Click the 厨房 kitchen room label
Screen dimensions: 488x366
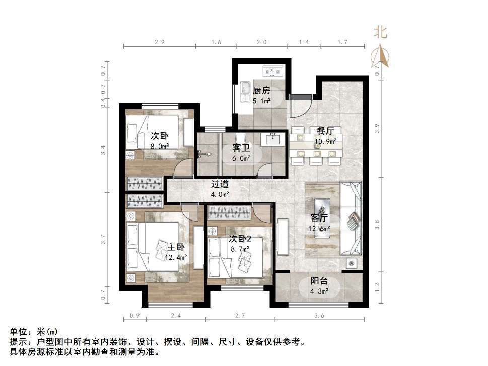coord(261,91)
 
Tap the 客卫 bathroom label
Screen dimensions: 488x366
coord(241,148)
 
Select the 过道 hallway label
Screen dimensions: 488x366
coord(220,184)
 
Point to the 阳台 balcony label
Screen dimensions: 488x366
coord(319,281)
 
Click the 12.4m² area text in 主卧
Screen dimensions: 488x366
coord(176,258)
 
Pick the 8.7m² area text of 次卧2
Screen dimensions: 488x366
coord(240,249)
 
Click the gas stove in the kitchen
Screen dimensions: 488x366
coord(273,71)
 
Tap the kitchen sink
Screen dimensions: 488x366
coord(245,92)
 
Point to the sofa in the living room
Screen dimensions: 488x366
coord(352,219)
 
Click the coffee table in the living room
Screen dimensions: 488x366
coord(322,218)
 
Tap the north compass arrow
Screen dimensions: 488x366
coord(380,56)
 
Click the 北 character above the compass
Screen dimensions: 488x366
coord(380,32)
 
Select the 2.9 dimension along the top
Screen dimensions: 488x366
coord(159,42)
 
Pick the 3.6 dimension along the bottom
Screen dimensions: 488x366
coord(319,316)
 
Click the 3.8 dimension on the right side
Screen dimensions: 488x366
coord(377,225)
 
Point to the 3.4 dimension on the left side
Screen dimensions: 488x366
coord(103,150)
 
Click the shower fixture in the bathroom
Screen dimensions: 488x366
coord(203,154)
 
